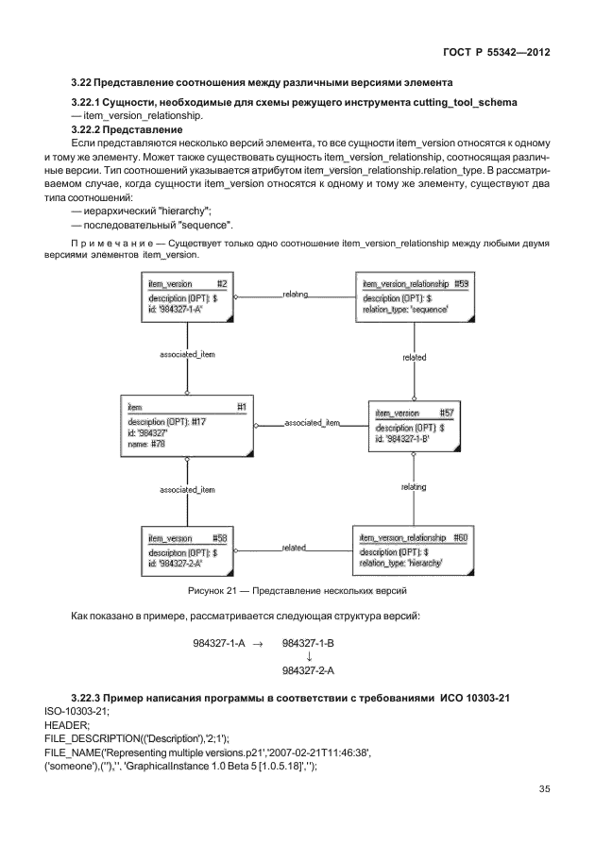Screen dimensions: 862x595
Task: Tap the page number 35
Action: (544, 789)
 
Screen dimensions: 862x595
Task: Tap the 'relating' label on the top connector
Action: (296, 295)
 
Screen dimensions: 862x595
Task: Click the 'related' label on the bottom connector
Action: (294, 547)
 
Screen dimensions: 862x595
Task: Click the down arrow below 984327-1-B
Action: (309, 656)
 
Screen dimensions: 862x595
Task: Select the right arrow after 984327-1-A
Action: (257, 642)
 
